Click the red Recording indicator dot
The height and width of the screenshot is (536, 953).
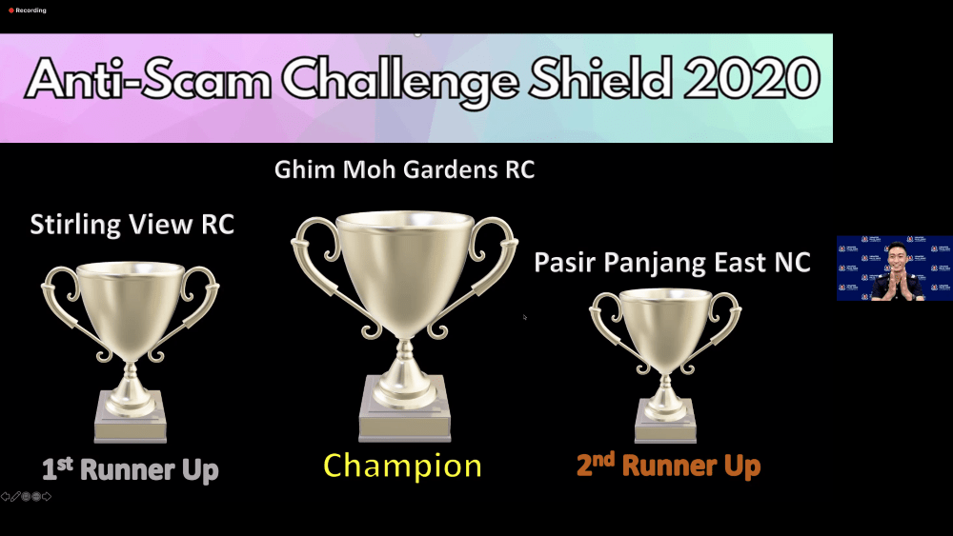pos(10,10)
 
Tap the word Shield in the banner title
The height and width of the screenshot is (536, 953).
pos(600,78)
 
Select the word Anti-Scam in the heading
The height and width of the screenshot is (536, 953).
pos(149,80)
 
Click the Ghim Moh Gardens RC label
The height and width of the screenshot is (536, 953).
pos(404,170)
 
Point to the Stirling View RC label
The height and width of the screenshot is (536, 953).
pos(132,226)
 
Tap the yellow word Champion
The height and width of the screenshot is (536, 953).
pos(402,467)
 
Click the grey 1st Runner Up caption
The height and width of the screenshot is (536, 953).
pos(130,469)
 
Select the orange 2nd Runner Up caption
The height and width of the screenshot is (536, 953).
pos(669,466)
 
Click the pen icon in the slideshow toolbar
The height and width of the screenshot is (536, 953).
pos(15,497)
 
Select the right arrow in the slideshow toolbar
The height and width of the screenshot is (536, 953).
pos(47,497)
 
